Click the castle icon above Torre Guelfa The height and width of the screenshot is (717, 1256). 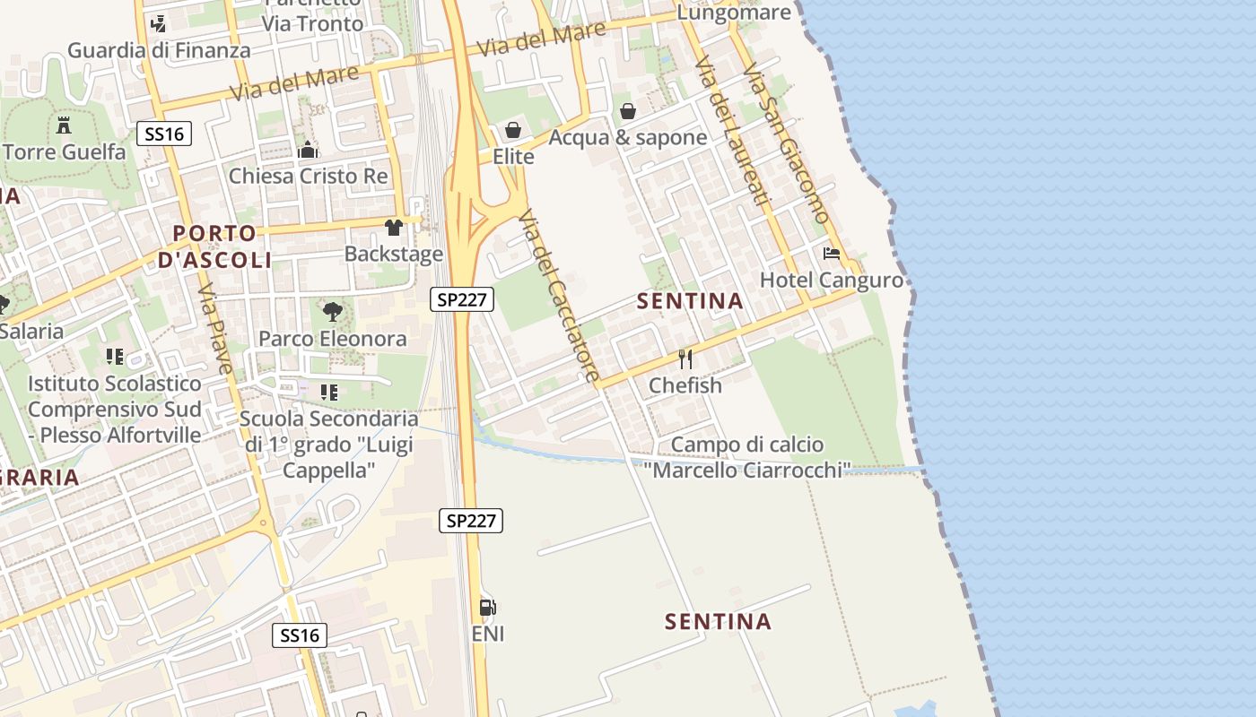pos(64,125)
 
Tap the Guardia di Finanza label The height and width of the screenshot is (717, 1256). pos(159,50)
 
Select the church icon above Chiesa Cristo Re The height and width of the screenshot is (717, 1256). pos(308,150)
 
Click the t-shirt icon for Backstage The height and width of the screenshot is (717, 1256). pos(393,228)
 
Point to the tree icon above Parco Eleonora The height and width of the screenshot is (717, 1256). pos(333,312)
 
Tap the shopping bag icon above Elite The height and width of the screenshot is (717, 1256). pos(513,131)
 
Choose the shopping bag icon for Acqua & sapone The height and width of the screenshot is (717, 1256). pos(628,111)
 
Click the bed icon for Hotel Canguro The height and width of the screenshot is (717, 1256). pos(832,254)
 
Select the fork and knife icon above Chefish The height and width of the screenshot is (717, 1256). pos(685,359)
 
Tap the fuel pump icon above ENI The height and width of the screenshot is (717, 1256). pos(487,608)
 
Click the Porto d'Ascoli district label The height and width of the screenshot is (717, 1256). pos(214,246)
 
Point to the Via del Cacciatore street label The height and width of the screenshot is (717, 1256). pos(558,295)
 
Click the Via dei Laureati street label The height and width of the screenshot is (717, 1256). pos(733,130)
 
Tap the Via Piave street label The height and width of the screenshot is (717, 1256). pos(215,328)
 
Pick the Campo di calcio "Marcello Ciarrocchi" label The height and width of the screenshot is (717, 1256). pos(746,457)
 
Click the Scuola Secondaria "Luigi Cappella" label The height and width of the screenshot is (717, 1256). pos(328,444)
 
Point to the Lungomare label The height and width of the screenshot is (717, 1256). pos(734,13)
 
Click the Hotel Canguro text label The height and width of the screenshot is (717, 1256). pos(832,281)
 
